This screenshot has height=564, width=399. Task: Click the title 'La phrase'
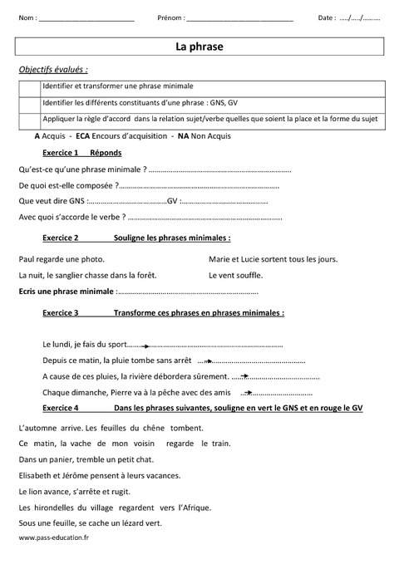(199, 47)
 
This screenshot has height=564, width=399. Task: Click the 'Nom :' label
(27, 17)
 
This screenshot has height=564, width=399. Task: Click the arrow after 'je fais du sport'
(140, 345)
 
